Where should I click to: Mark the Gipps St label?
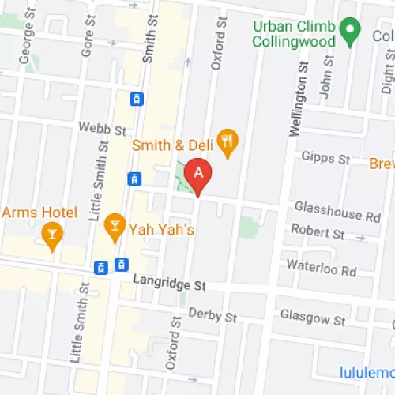pyautogui.click(x=328, y=159)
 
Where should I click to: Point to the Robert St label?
pyautogui.click(x=318, y=233)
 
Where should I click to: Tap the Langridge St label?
pyautogui.click(x=169, y=280)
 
